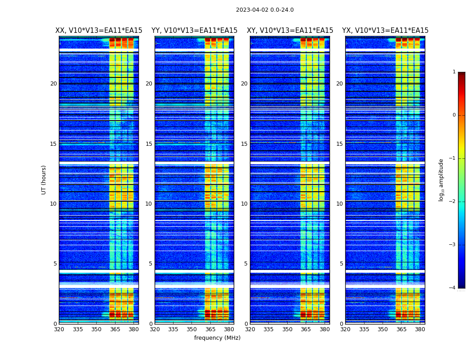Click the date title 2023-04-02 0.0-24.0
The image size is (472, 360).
(x=265, y=10)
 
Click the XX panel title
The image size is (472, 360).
(x=99, y=31)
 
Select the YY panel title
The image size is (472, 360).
(x=194, y=31)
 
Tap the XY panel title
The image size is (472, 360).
(x=290, y=31)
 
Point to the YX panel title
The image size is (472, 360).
(x=385, y=31)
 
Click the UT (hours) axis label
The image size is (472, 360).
(x=44, y=180)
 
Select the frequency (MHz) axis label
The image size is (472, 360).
(x=217, y=338)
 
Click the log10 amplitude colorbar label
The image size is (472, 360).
(x=441, y=180)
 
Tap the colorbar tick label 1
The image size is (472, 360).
(x=454, y=72)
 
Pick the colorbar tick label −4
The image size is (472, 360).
(x=453, y=288)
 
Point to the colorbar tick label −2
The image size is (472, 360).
(x=453, y=202)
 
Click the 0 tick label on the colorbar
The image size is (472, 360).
(x=454, y=115)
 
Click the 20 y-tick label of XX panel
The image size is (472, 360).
(x=53, y=84)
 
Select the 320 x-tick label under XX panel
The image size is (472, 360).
(x=59, y=329)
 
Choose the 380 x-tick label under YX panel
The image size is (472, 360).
(x=420, y=329)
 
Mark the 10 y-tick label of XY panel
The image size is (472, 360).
(x=244, y=204)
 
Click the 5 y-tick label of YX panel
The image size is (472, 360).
(x=341, y=264)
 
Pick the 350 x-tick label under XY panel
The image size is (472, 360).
(x=287, y=329)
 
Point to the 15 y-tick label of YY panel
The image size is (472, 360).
(x=149, y=144)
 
